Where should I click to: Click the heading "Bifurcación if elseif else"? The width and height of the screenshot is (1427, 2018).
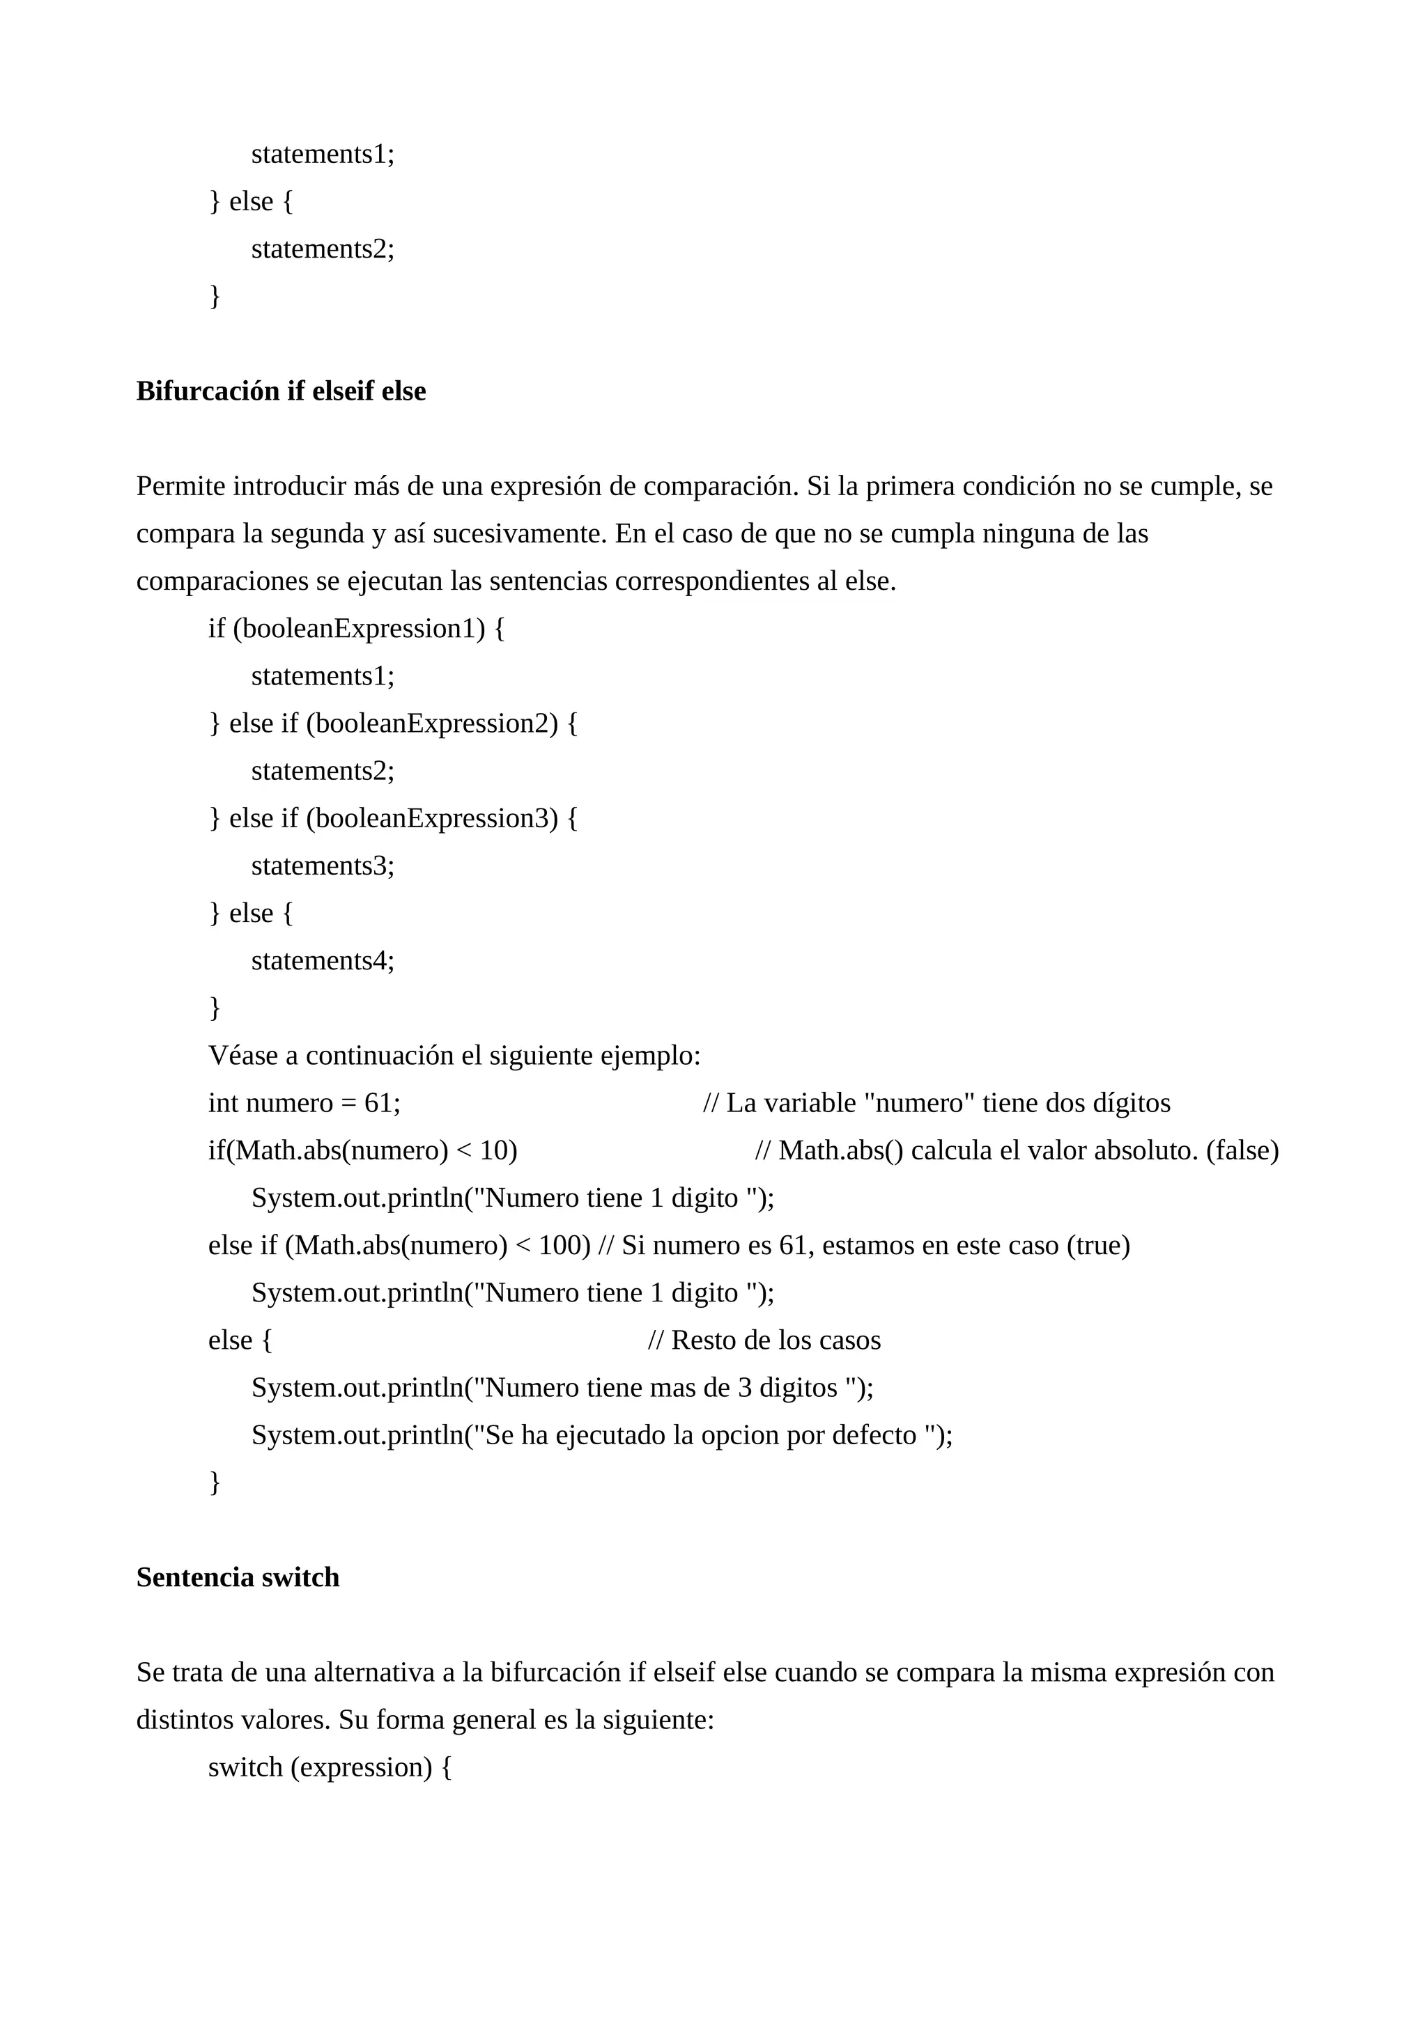point(281,391)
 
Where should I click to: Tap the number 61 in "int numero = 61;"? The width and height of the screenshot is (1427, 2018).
point(379,1103)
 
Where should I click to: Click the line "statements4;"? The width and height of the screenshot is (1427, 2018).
point(323,961)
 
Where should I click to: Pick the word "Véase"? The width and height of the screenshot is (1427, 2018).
point(242,1056)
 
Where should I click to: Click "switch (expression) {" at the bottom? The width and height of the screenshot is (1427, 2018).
point(330,1767)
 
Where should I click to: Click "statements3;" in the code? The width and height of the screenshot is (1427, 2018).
point(323,866)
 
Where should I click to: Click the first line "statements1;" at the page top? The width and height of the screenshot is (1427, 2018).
point(323,154)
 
